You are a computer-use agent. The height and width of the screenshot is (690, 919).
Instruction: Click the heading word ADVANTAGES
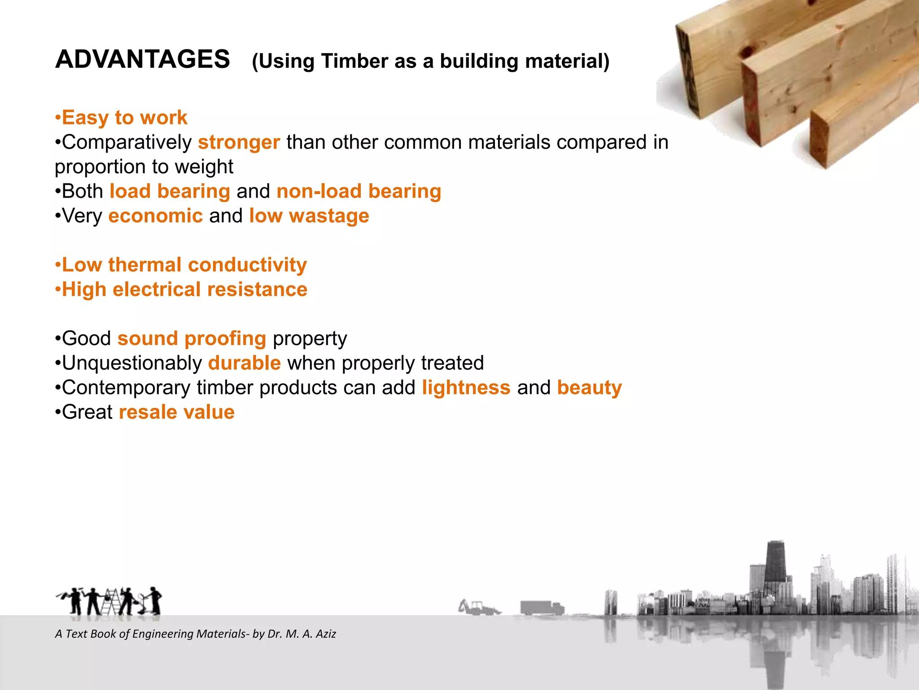[x=142, y=59]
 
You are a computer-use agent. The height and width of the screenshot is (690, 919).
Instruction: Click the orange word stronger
[x=239, y=142]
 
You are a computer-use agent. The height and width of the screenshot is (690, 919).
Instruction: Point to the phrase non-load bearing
[x=359, y=191]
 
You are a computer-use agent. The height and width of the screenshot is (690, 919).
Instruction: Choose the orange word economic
[x=155, y=216]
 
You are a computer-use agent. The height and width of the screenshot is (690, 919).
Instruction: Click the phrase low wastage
[x=309, y=216]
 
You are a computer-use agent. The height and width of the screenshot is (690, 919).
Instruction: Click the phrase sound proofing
[x=192, y=339]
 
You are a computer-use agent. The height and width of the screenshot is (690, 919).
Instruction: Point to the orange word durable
[x=244, y=363]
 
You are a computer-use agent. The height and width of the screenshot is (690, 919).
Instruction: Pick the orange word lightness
[x=466, y=388]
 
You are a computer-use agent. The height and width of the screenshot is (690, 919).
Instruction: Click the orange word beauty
[x=589, y=388]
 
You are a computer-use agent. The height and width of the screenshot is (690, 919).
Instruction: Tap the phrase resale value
[x=176, y=412]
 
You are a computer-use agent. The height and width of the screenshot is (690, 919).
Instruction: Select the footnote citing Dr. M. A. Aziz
[x=195, y=634]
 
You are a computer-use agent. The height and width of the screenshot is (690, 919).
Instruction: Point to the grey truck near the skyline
[x=542, y=608]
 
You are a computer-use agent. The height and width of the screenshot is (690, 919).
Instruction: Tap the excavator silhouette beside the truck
[x=478, y=607]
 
